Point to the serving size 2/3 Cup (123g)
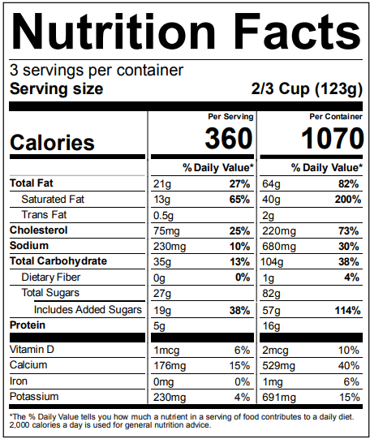coord(307,89)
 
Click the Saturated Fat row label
coord(53,199)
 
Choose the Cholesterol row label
coord(38,230)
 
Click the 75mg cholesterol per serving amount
coord(167,230)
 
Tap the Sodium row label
coord(29,246)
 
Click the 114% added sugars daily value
coord(343,309)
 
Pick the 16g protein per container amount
coord(270,325)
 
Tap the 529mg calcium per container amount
coord(277,365)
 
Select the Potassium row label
coord(35,397)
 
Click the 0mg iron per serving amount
coord(165,381)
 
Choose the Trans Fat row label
coord(45,215)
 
